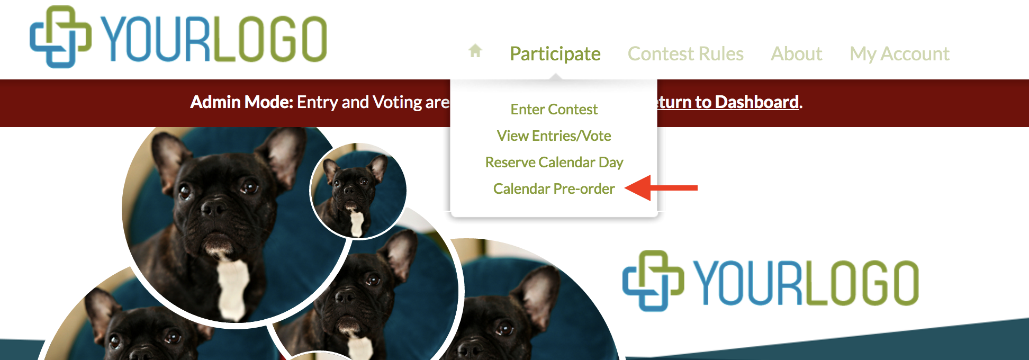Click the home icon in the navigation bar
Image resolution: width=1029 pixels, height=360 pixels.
click(x=475, y=51)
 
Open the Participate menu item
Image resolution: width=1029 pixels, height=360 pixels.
click(x=555, y=54)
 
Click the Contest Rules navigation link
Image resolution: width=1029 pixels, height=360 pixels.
click(x=685, y=53)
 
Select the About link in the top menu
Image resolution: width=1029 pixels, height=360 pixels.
click(x=796, y=53)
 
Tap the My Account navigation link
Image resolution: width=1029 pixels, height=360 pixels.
click(x=899, y=54)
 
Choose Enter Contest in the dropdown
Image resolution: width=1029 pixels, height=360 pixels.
click(x=554, y=109)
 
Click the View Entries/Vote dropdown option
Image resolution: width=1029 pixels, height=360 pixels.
click(x=554, y=136)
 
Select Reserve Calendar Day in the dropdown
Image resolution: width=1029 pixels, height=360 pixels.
click(x=554, y=163)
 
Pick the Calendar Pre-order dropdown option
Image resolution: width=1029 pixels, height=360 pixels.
click(x=554, y=188)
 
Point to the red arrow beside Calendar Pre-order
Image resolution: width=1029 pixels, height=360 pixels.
click(x=661, y=188)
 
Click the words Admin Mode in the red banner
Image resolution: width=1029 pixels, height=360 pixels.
click(x=241, y=102)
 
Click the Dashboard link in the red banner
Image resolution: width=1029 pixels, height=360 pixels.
click(x=756, y=102)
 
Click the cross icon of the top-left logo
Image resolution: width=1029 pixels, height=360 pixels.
click(x=60, y=37)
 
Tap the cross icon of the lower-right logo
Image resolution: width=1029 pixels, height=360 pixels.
click(x=653, y=281)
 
